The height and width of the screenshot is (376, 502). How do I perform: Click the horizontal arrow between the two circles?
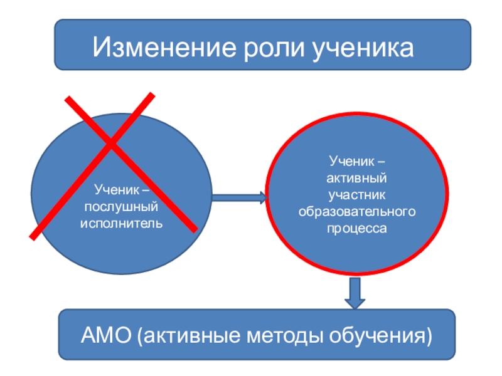pos(239,199)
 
